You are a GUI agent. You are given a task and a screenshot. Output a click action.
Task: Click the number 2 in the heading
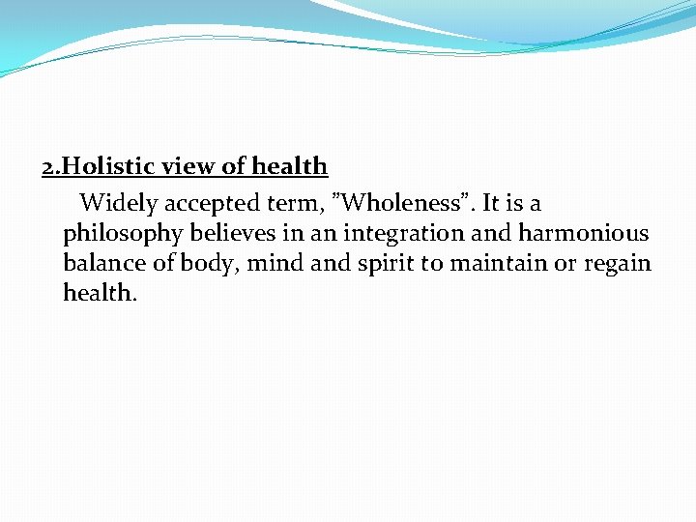click(x=47, y=167)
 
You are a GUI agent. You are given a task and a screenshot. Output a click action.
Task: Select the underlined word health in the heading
click(x=290, y=167)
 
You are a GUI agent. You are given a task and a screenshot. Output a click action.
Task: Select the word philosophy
click(x=121, y=234)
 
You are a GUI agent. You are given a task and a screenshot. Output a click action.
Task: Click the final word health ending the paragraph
click(x=100, y=292)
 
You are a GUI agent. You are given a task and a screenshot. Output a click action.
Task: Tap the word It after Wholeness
click(x=492, y=204)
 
